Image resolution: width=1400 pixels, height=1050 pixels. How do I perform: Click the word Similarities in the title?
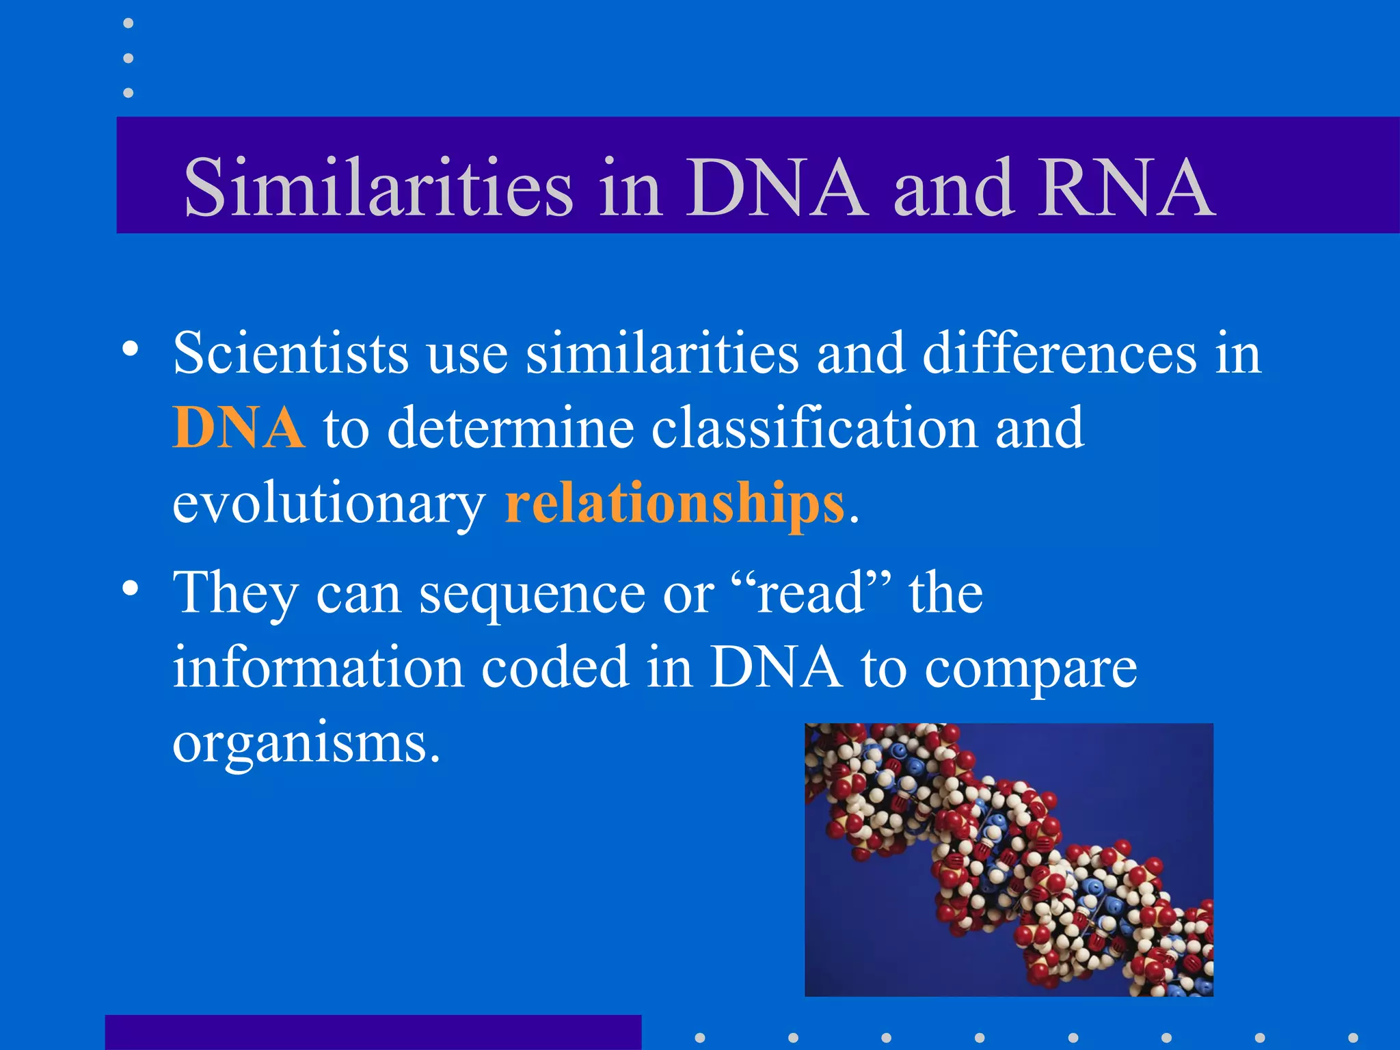(378, 187)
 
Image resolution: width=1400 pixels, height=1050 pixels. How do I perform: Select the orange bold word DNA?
(238, 427)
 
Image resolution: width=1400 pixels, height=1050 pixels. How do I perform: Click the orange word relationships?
(675, 502)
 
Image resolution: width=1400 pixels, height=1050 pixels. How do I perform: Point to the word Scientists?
(291, 353)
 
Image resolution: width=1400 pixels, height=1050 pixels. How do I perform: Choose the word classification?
(814, 427)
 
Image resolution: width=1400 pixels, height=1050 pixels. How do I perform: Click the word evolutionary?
(328, 504)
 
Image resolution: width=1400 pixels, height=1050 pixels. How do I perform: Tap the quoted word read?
(811, 592)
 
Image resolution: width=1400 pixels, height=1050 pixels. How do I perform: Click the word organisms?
(306, 744)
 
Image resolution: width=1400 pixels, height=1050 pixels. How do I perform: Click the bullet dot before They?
(130, 588)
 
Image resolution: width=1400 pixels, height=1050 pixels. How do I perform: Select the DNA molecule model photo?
(1008, 859)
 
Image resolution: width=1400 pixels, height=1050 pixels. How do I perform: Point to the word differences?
(1059, 353)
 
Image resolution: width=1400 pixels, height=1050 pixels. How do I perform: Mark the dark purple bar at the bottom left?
(373, 1032)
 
